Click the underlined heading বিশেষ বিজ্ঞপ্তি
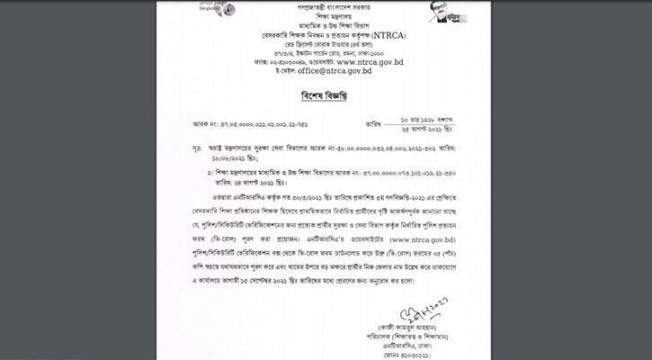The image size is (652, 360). pyautogui.click(x=326, y=94)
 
